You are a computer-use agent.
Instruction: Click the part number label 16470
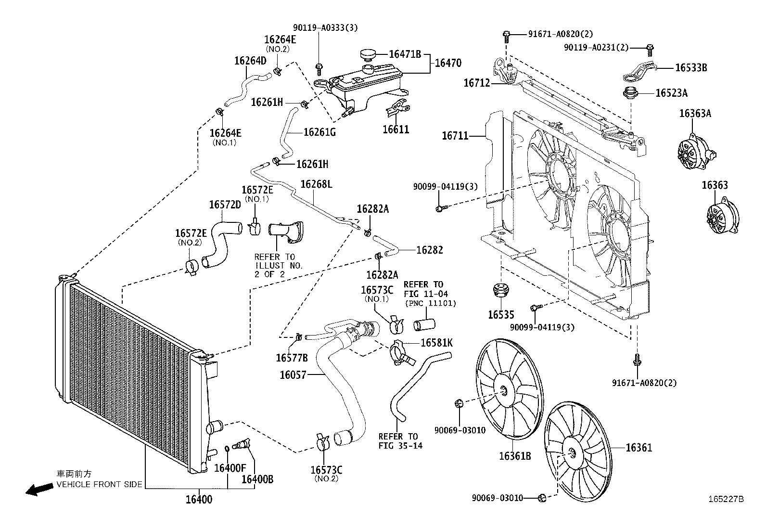point(448,63)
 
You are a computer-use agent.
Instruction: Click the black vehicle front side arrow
point(39,490)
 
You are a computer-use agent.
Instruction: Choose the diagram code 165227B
point(725,500)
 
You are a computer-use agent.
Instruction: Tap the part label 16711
point(455,136)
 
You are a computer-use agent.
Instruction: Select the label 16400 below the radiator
point(199,500)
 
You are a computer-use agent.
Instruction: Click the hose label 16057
point(293,374)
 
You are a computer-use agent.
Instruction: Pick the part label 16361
point(638,448)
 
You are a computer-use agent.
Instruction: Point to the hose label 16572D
point(224,205)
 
